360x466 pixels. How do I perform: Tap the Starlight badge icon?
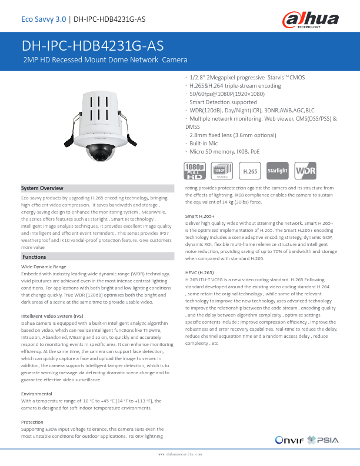278,171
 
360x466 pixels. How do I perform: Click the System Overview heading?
42,188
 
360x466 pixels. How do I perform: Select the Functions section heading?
35,257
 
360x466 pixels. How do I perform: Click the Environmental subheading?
36,394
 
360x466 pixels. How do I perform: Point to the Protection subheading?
32,422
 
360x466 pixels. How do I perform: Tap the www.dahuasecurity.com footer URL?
180,455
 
